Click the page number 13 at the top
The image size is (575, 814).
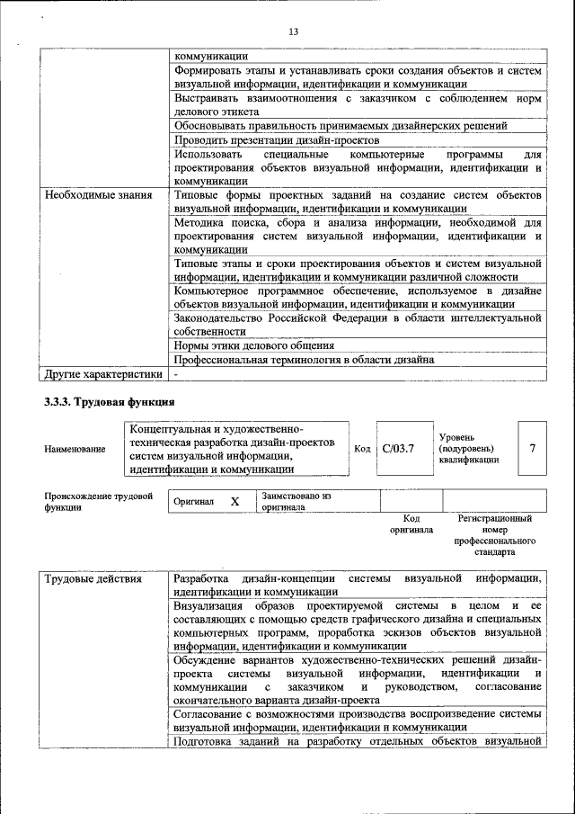(x=293, y=31)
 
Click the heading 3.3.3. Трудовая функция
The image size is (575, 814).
(x=109, y=401)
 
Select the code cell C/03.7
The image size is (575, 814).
(x=397, y=448)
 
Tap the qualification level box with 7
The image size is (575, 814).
(x=533, y=448)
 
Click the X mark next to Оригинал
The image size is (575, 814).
(x=234, y=501)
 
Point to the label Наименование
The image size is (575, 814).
(x=74, y=448)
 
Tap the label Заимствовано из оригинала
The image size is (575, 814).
(x=296, y=501)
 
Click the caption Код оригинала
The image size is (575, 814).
(x=411, y=524)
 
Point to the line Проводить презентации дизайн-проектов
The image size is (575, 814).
(x=277, y=139)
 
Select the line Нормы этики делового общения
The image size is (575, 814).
(x=254, y=344)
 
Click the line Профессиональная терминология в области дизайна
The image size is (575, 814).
(x=305, y=359)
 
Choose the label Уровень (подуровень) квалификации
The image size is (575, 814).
(x=469, y=448)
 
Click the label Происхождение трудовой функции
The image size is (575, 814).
(x=98, y=501)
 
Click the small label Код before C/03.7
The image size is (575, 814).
(x=362, y=449)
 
